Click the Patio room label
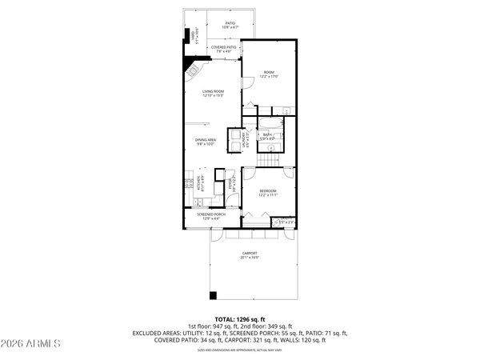click(230, 25)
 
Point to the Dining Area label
click(206, 142)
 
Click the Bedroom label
click(267, 193)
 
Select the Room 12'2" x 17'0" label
click(268, 76)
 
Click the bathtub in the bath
click(268, 123)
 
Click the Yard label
click(193, 37)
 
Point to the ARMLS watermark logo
click(32, 344)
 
